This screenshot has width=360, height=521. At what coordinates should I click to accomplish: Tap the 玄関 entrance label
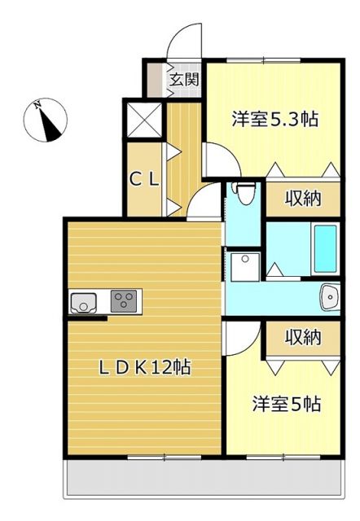click(x=185, y=80)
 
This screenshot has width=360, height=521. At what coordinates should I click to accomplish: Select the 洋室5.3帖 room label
click(x=274, y=119)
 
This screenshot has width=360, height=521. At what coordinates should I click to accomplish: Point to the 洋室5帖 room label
click(x=285, y=403)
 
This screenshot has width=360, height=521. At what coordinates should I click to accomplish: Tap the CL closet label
click(x=146, y=180)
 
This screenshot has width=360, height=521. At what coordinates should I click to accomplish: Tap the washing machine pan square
click(x=244, y=266)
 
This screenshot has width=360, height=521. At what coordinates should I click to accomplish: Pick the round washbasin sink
click(x=329, y=297)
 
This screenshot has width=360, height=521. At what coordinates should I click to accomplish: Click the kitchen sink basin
click(x=84, y=302)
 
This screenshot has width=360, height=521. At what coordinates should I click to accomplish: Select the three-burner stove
click(x=125, y=301)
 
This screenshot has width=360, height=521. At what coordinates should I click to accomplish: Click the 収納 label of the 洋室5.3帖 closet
click(x=302, y=199)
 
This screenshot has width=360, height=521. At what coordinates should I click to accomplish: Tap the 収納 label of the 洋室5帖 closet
click(x=302, y=337)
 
